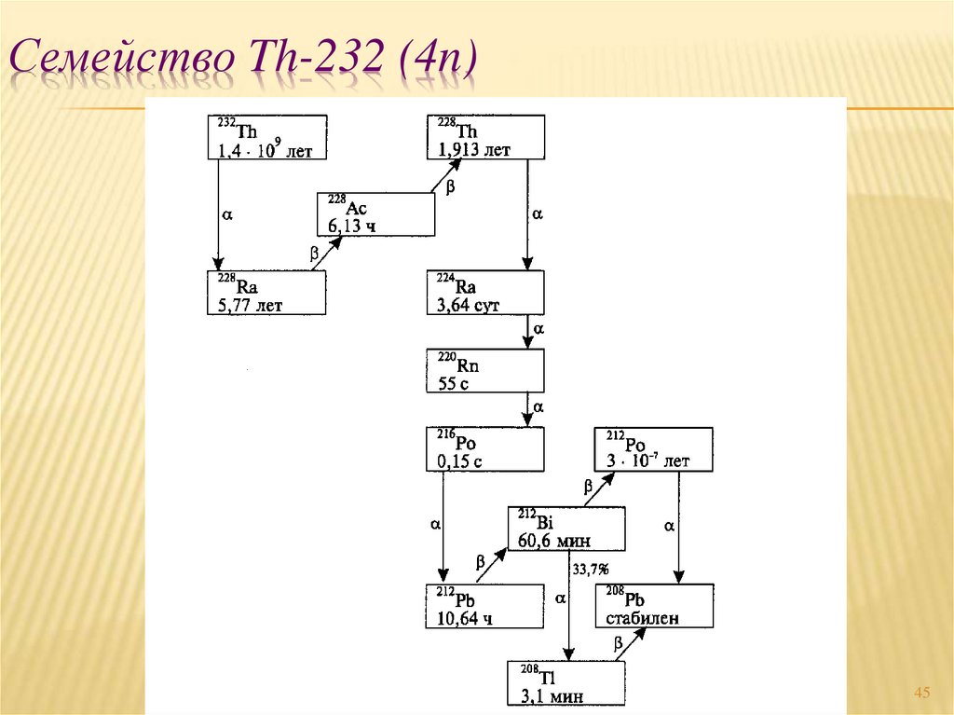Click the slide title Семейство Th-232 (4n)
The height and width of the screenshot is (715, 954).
click(245, 60)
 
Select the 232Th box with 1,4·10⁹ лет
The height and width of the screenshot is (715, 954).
click(266, 137)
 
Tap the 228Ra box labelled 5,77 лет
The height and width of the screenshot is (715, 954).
click(266, 293)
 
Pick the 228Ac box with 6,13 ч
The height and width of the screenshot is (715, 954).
click(376, 214)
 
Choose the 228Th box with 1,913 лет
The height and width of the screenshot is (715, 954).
click(485, 137)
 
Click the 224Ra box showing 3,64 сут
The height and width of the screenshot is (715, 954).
click(485, 293)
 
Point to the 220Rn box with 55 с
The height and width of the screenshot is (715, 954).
click(485, 371)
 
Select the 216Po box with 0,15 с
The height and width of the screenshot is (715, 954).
click(485, 448)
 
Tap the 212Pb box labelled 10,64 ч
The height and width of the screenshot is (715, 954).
click(485, 606)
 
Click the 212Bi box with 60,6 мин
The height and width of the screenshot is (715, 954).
click(566, 529)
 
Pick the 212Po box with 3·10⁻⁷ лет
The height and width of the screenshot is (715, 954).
click(654, 448)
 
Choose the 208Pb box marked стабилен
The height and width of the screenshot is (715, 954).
click(654, 606)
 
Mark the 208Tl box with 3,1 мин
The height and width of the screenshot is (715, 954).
click(566, 683)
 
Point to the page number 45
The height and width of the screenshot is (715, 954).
click(922, 692)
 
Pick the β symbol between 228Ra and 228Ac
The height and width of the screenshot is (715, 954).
click(313, 253)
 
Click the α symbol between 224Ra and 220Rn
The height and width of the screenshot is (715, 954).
click(538, 330)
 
